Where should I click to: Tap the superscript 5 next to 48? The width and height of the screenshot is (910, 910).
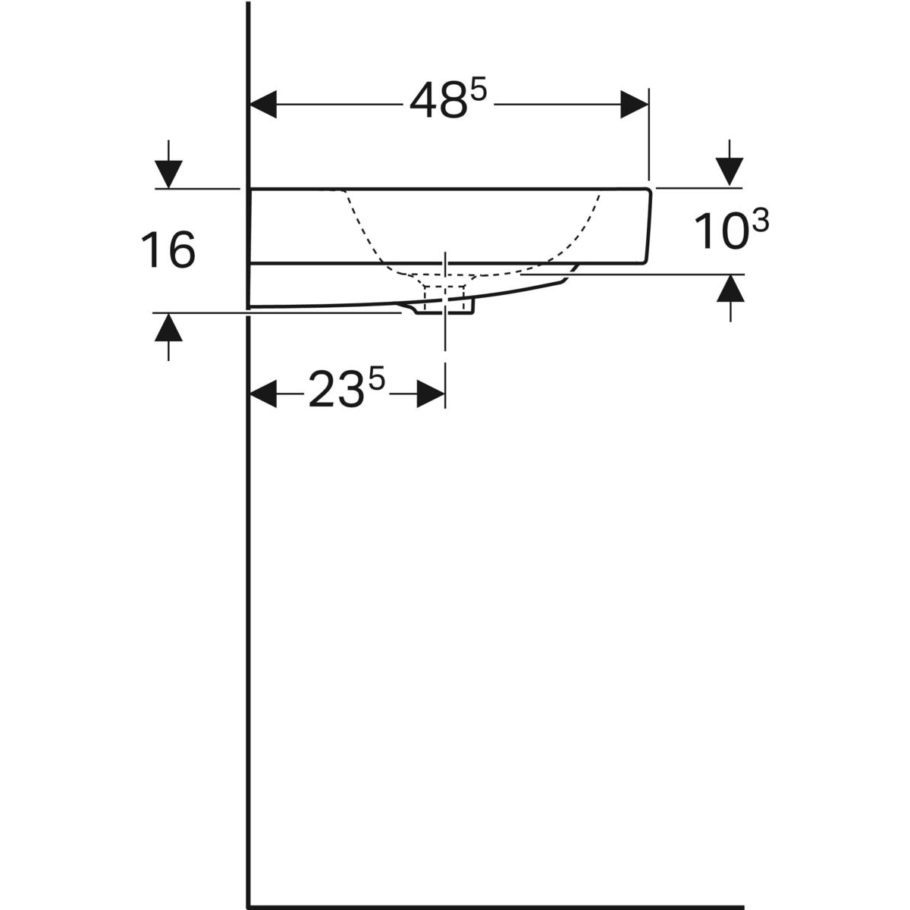point(478,90)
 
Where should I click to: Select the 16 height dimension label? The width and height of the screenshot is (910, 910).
point(168,249)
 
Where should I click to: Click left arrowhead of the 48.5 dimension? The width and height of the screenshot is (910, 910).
point(263,105)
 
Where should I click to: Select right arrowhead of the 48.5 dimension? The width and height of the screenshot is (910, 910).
point(634,105)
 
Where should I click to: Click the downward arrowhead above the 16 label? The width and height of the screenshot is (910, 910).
point(168,174)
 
